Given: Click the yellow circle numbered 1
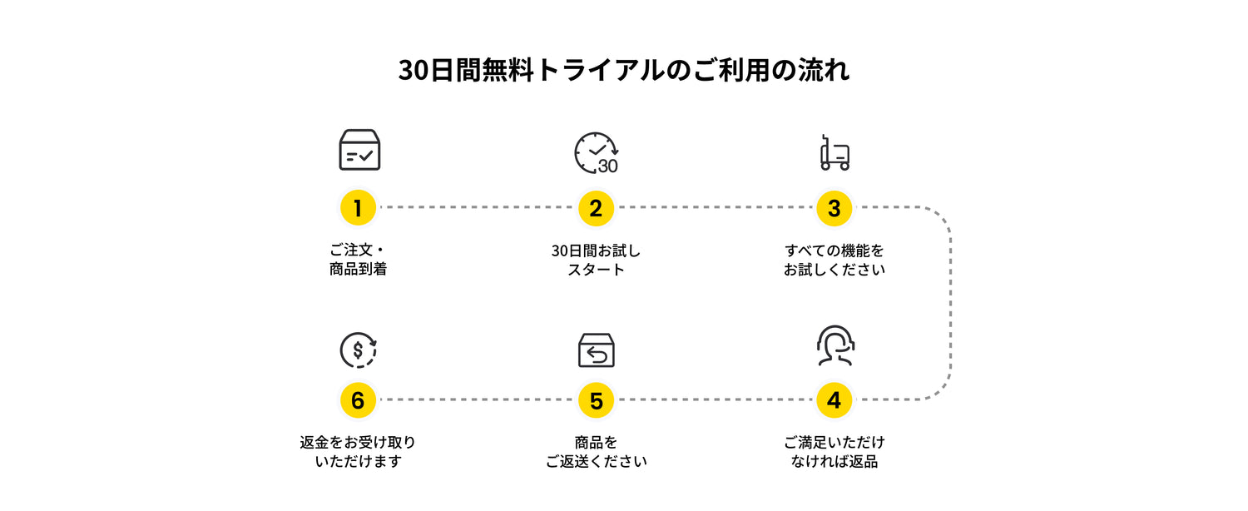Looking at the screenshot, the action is tap(358, 208).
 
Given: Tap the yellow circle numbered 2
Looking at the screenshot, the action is tap(597, 208).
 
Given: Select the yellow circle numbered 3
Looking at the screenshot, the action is tap(834, 208).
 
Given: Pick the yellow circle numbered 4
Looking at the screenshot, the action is tap(834, 400).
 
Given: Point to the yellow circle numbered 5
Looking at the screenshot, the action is tap(597, 400).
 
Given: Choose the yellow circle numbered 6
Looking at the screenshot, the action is tap(358, 400).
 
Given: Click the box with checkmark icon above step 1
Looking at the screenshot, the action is tap(360, 149).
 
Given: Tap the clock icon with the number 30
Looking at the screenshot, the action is tap(597, 152).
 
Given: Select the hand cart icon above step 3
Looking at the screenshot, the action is tap(834, 152).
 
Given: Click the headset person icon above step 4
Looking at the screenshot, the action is tap(835, 345).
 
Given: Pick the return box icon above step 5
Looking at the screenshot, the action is tap(597, 350).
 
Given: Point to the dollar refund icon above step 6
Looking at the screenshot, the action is tap(359, 350).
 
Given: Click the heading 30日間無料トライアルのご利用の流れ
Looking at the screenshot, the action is tap(623, 70).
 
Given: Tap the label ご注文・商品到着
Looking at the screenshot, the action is tap(358, 260).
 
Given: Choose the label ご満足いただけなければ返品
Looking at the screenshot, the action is tap(834, 452).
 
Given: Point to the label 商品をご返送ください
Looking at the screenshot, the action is tap(597, 452).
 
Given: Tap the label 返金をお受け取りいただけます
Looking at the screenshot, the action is tap(358, 452).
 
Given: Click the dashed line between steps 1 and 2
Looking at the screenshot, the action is tap(477, 207).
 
